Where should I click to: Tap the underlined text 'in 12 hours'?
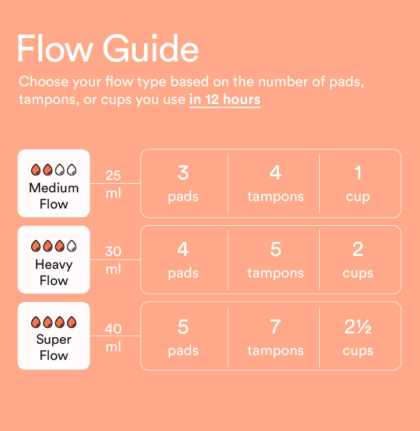[x=225, y=100]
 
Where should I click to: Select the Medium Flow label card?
[x=54, y=183]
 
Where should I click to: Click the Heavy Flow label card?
[x=54, y=260]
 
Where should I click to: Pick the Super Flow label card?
[x=54, y=336]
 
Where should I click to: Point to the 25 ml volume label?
[x=113, y=184]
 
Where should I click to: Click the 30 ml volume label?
[x=113, y=260]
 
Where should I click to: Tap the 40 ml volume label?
[x=113, y=337]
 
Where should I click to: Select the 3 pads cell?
[x=183, y=183]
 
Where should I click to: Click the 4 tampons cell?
[x=275, y=183]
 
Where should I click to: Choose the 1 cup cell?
[x=358, y=183]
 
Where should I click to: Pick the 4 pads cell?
[x=183, y=260]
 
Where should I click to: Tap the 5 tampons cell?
[x=275, y=260]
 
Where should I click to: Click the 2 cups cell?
[x=358, y=260]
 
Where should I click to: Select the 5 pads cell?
[x=183, y=336]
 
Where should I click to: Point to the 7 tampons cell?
[x=275, y=336]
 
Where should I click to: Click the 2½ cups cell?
[x=358, y=336]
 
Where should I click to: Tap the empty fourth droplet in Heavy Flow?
[x=72, y=246]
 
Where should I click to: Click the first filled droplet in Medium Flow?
[x=36, y=170]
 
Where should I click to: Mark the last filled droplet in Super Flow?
[x=72, y=322]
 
